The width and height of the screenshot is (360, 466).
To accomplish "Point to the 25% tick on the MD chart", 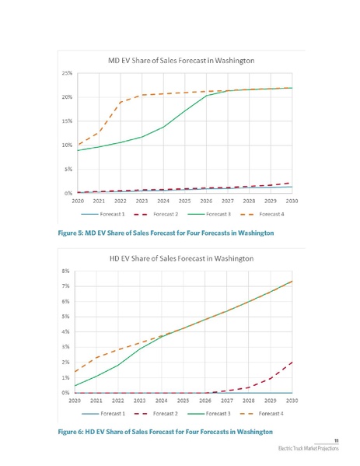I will tap(68, 73).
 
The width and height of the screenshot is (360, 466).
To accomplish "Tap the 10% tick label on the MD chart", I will tap(68, 145).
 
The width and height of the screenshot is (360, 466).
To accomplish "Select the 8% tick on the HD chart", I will tap(69, 271).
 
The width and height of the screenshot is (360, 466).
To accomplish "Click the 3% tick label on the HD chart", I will tap(69, 347).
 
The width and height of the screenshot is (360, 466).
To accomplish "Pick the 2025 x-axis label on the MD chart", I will tap(184, 201).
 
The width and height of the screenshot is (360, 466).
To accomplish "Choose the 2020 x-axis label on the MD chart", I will tap(78, 201).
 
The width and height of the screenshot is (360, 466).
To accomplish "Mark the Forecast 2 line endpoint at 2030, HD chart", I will tap(291, 362).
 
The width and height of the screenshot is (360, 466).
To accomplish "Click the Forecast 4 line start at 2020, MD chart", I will tap(78, 145).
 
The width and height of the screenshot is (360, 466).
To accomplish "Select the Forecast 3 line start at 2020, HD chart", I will tap(78, 386).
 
